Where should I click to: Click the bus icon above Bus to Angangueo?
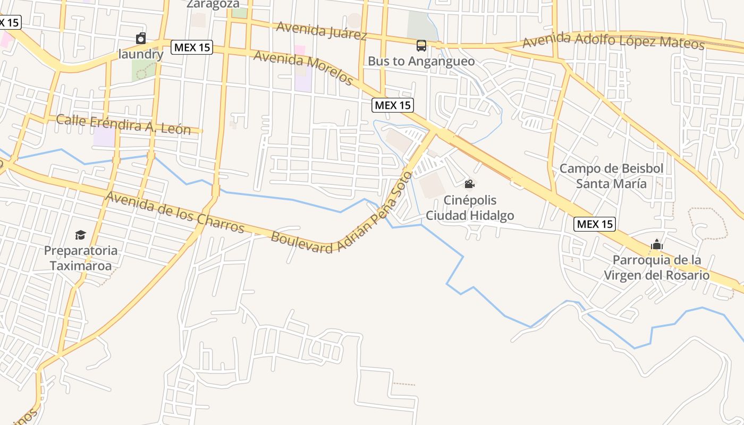click(421, 46)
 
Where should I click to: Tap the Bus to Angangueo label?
click(421, 61)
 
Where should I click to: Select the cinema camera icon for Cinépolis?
click(469, 184)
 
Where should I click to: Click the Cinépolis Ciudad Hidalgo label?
click(470, 208)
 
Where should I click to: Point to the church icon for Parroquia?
click(657, 244)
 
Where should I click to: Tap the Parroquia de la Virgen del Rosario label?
click(657, 268)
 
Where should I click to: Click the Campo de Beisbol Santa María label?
click(612, 176)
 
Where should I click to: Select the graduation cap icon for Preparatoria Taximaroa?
click(80, 235)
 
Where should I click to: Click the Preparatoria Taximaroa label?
click(81, 258)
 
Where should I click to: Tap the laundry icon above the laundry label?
click(141, 38)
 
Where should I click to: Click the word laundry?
click(141, 54)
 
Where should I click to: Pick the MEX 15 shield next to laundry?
click(192, 47)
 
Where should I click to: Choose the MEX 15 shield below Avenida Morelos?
click(393, 105)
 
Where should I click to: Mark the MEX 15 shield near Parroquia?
click(595, 224)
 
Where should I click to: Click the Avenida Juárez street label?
click(322, 30)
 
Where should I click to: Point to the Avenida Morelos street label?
click(303, 67)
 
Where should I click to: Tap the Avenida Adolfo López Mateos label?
click(613, 40)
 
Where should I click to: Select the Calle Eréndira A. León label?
click(123, 124)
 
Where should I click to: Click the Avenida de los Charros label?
click(175, 212)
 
